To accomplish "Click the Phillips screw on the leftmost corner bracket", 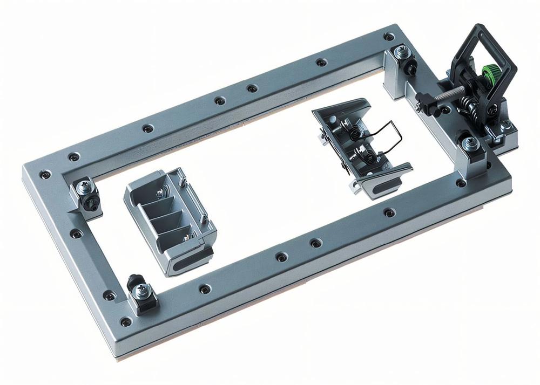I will (85, 187).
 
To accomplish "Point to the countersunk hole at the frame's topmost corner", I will (388, 37).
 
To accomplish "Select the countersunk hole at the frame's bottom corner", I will (126, 322).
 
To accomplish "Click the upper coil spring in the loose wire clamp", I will (350, 130).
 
